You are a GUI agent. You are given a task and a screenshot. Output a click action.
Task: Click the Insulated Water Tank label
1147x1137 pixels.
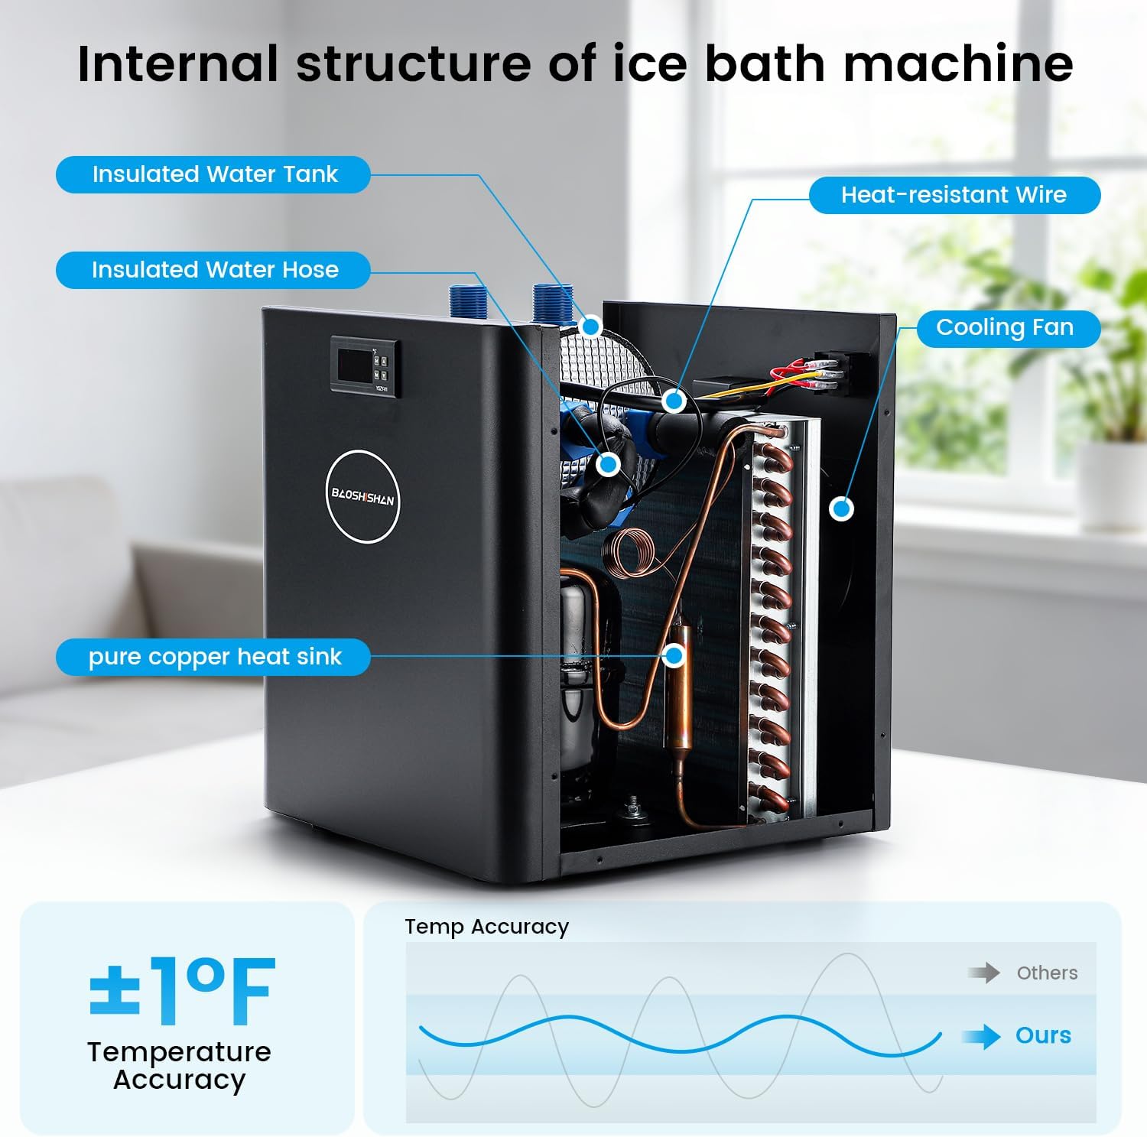click(x=213, y=174)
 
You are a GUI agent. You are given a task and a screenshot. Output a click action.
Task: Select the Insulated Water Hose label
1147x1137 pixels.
click(x=213, y=270)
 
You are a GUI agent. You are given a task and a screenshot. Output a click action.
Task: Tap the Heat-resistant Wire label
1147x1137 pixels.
click(x=954, y=195)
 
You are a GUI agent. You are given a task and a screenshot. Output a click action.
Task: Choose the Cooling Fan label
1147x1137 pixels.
click(x=1005, y=328)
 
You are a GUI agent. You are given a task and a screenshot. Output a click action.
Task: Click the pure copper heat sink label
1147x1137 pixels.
click(x=213, y=657)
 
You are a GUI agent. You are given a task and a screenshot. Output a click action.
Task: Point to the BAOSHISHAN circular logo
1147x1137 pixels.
click(x=362, y=497)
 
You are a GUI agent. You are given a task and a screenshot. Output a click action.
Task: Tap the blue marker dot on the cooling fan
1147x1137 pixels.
click(x=842, y=508)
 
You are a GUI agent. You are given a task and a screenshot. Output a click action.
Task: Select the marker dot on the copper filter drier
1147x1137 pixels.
click(x=674, y=655)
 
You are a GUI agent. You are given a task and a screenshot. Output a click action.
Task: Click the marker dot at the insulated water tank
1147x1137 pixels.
click(x=590, y=326)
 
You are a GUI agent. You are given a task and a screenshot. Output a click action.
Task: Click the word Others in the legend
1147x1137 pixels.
click(x=1047, y=973)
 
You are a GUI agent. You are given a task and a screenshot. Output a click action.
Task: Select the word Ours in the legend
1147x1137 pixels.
click(x=1043, y=1035)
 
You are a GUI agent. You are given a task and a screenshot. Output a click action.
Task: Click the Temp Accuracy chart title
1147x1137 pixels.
click(x=486, y=927)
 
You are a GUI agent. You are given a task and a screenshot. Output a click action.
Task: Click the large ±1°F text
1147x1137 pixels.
click(x=182, y=991)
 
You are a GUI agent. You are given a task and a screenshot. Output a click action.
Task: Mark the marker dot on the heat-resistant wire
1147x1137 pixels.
click(x=674, y=400)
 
